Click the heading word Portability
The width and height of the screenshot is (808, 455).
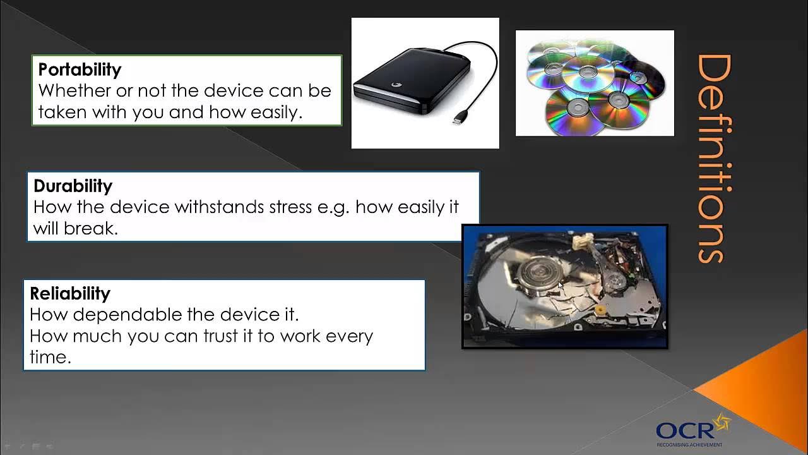pos(80,69)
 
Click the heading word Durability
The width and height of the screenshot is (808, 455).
pos(73,186)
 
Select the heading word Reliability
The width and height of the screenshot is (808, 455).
pos(70,293)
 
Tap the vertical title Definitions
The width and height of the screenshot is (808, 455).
pos(713,158)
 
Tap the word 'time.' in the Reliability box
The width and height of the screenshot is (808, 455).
pos(50,357)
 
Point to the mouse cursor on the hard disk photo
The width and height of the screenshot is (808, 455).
pos(560,286)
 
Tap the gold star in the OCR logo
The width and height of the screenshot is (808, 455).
pos(720,422)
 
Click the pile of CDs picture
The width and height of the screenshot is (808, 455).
pos(595,83)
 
